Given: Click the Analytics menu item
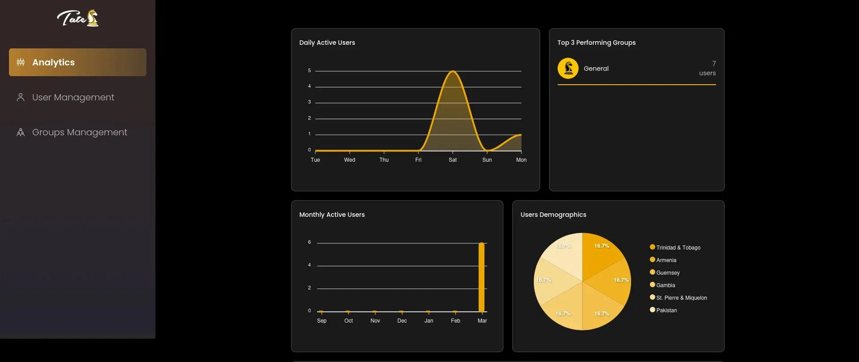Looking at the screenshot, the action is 77,62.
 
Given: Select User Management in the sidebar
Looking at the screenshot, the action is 73,97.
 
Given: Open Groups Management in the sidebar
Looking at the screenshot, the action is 80,132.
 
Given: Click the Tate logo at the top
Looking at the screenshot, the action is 78,18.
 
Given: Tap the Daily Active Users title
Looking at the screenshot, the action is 327,43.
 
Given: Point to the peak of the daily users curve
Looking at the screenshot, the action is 453,71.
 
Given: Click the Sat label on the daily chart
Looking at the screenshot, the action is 453,160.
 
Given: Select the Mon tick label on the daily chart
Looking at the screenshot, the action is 521,160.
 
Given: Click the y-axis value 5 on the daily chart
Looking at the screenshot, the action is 309,71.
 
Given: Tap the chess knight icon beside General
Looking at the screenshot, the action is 568,69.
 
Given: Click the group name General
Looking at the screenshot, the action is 596,69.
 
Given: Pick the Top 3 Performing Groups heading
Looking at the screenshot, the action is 597,43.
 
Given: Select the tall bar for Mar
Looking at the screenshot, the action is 481,277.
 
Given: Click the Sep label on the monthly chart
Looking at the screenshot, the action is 322,321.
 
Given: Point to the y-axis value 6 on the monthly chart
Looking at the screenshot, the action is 309,242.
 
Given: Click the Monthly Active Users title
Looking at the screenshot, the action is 332,215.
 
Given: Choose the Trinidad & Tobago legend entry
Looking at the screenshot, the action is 675,247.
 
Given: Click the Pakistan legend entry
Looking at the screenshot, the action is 663,310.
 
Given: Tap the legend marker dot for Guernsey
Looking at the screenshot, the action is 653,272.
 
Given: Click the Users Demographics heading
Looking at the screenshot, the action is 553,215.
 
